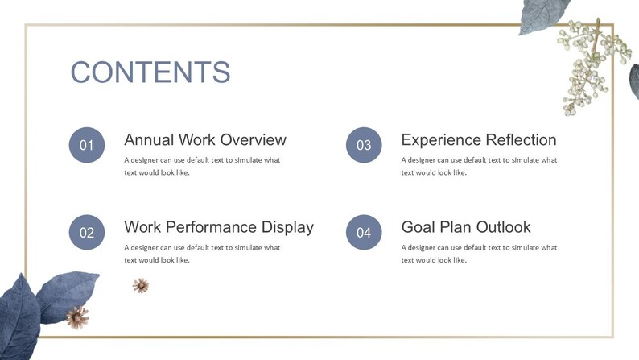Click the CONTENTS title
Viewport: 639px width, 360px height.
pyautogui.click(x=150, y=72)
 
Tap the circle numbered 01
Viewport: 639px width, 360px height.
pyautogui.click(x=87, y=145)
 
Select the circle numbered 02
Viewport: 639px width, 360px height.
pyautogui.click(x=87, y=233)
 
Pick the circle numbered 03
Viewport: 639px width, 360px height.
pyautogui.click(x=364, y=145)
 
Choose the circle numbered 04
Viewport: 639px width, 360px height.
pyautogui.click(x=364, y=233)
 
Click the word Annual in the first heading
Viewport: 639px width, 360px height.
pyautogui.click(x=149, y=139)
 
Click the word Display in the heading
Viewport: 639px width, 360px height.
pyautogui.click(x=287, y=227)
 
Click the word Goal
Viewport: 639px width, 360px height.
pyautogui.click(x=418, y=227)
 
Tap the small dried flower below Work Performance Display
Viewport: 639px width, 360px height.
pyautogui.click(x=141, y=285)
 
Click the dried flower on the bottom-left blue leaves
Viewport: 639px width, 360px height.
pyautogui.click(x=77, y=317)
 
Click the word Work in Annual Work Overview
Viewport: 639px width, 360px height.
pyautogui.click(x=197, y=139)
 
